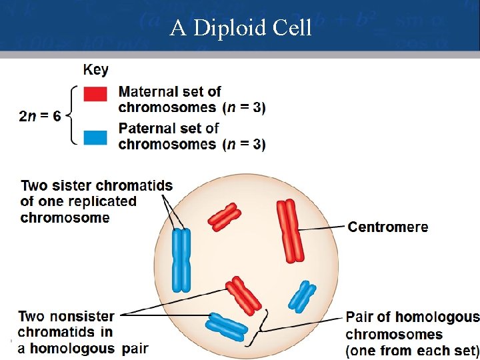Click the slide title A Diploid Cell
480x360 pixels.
point(240,28)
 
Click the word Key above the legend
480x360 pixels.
point(96,69)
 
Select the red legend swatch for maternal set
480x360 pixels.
point(95,95)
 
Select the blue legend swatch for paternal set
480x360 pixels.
point(95,137)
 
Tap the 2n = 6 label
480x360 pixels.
point(40,116)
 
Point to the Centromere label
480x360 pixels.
point(388,227)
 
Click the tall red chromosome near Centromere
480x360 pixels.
point(290,231)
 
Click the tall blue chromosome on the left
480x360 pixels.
point(181,260)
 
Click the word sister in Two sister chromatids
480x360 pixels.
point(71,185)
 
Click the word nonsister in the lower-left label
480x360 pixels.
point(83,316)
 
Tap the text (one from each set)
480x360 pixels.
point(412,350)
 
